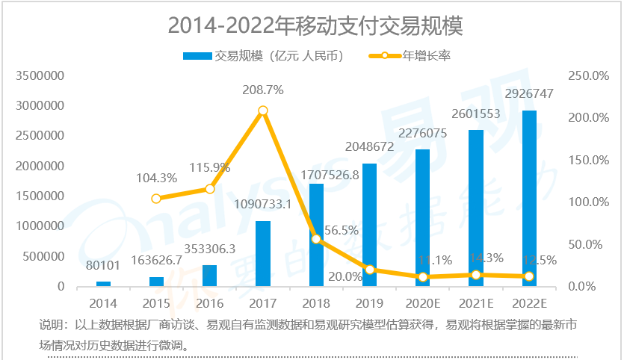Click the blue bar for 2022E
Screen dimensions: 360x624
[529, 199]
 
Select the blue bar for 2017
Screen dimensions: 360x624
[263, 254]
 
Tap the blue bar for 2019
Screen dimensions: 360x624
[369, 225]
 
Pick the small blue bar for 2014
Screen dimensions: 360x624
[103, 284]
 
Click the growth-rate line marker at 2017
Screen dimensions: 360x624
[263, 111]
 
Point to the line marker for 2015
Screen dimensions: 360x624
[156, 199]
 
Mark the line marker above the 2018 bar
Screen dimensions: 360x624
[316, 239]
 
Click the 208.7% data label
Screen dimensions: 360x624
[262, 90]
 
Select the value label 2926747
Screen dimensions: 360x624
[528, 95]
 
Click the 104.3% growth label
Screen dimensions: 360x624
[156, 179]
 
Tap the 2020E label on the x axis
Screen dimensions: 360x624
[423, 303]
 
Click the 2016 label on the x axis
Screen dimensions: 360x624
[209, 303]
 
